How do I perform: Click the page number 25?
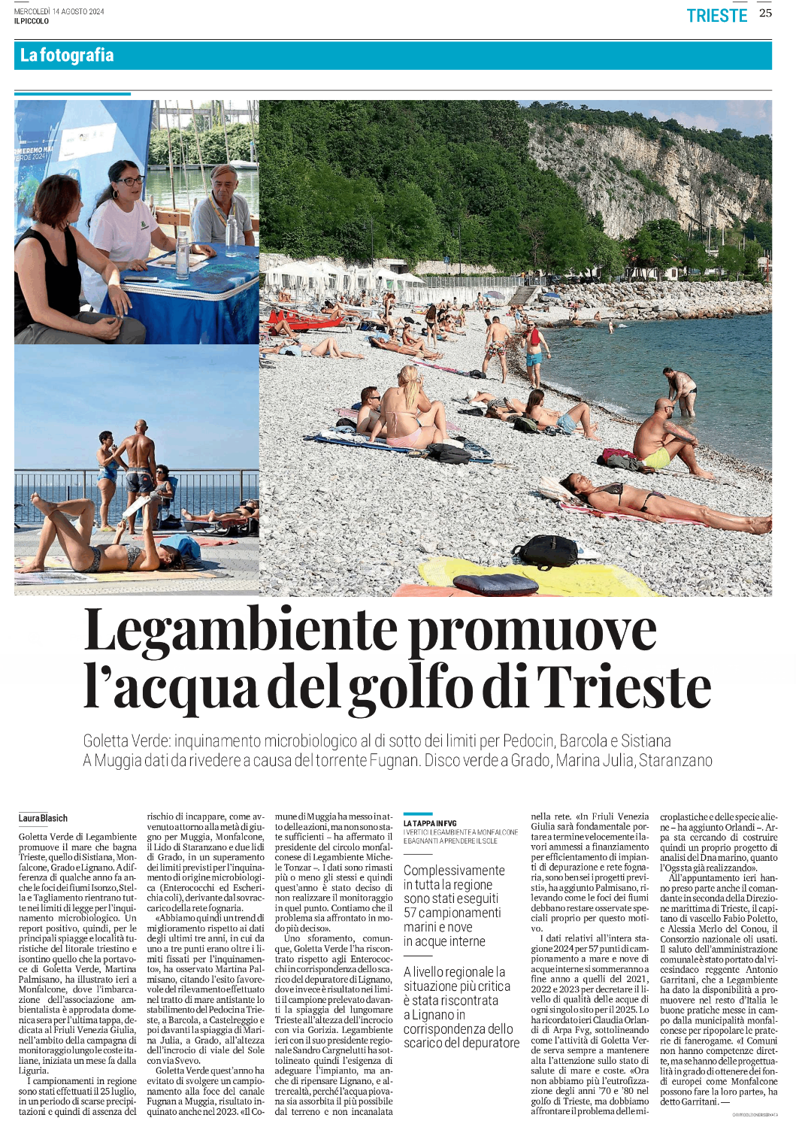click(x=765, y=13)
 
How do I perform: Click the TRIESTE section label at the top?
click(x=716, y=16)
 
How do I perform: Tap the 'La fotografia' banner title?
click(x=67, y=55)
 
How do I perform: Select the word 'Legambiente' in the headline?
click(x=241, y=630)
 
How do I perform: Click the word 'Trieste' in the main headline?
click(x=624, y=687)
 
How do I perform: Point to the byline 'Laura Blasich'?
click(x=43, y=818)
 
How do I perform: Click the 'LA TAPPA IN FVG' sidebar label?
click(x=430, y=823)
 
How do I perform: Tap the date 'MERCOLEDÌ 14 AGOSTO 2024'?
click(x=59, y=11)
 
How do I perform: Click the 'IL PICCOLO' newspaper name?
click(x=31, y=21)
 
